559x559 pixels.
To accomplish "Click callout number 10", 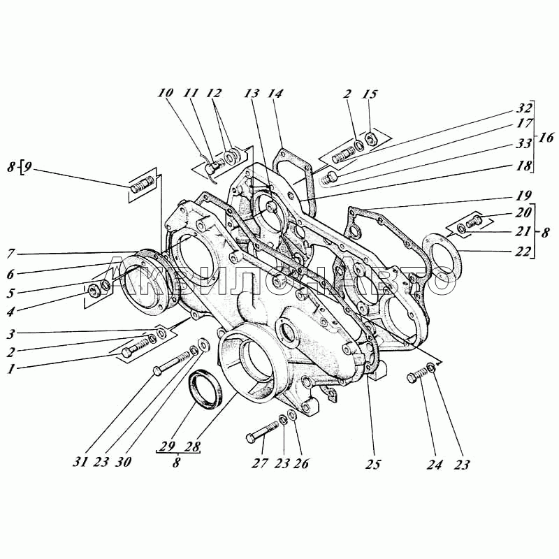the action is click(x=166, y=94).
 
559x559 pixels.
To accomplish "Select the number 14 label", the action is click(x=275, y=94).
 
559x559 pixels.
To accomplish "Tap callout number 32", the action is click(x=523, y=108).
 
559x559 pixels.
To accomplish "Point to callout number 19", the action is click(x=523, y=196).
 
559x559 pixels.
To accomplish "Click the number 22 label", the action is click(x=523, y=252).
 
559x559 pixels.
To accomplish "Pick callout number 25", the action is click(x=373, y=464).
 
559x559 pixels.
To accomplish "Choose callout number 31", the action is click(x=80, y=463).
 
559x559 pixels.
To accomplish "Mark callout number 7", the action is click(x=11, y=254).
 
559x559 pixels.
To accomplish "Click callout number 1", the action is click(x=11, y=369).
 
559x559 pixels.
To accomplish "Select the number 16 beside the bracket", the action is click(x=546, y=137).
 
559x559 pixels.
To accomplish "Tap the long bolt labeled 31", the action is click(x=171, y=363).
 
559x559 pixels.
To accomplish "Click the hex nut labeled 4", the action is click(x=94, y=290).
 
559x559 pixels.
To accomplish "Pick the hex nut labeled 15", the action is click(x=371, y=138).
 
